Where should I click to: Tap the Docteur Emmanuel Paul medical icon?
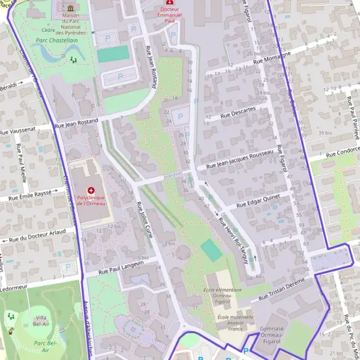[168, 3]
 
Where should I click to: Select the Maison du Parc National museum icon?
[71, 8]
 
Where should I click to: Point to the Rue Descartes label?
[238, 112]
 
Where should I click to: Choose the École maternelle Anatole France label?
[231, 323]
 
